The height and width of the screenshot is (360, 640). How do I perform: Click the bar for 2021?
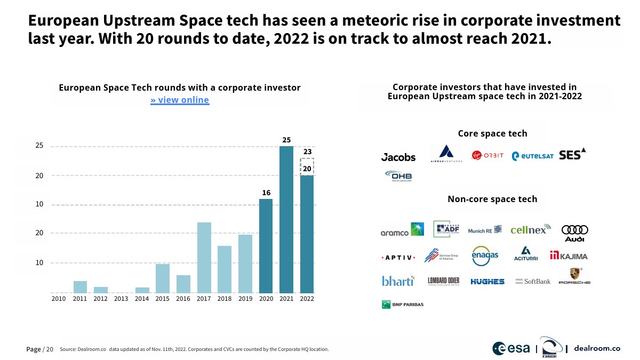[286, 219]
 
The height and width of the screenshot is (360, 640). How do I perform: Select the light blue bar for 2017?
[204, 257]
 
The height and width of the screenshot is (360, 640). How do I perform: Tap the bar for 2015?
[163, 278]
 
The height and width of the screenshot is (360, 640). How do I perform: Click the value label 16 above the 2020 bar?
[266, 192]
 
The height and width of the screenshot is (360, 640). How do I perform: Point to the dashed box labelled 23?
[307, 166]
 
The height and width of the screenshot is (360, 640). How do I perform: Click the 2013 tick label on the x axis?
[121, 299]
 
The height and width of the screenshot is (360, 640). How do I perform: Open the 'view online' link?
[180, 100]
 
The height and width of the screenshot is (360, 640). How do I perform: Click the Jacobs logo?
[398, 157]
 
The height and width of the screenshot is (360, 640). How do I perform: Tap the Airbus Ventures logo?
[447, 154]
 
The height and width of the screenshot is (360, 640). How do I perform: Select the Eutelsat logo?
[532, 156]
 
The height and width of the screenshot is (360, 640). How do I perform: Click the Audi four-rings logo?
[575, 233]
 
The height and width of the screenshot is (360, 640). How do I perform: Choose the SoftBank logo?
[533, 281]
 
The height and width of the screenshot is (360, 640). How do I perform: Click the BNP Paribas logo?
[403, 305]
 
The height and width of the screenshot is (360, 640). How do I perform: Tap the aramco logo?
[402, 230]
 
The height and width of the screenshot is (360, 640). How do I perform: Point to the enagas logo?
[485, 255]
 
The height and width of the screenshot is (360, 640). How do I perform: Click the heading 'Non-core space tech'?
[492, 199]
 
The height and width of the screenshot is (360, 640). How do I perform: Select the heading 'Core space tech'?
[492, 133]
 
